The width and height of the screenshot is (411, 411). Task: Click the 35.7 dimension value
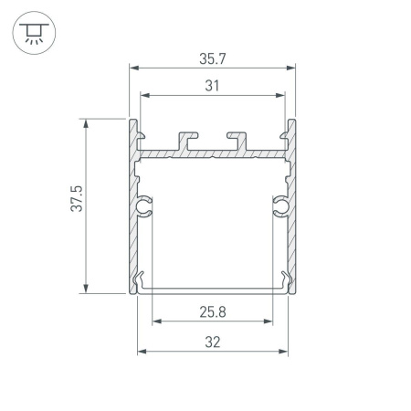(213, 58)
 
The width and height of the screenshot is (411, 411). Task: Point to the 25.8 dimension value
(213, 311)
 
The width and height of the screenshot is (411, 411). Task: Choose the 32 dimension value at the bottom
(213, 342)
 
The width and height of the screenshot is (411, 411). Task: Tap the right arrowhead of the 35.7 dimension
(293, 68)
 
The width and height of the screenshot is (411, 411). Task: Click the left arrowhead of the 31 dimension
(143, 94)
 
